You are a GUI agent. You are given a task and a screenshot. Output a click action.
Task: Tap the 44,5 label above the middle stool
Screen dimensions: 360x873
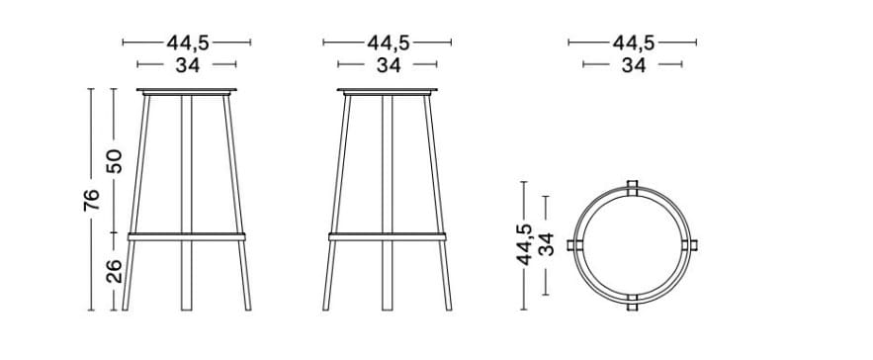click(x=388, y=43)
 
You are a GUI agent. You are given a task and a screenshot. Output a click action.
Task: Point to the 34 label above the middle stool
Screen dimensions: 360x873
click(x=388, y=65)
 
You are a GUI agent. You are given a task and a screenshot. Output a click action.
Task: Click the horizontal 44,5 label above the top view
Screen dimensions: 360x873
click(x=633, y=43)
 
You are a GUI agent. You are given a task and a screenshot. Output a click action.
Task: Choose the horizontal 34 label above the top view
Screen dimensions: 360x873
click(x=633, y=65)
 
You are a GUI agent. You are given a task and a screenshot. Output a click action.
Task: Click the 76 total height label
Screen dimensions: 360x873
click(x=90, y=200)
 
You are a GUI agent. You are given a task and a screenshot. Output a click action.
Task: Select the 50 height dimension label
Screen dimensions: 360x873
click(x=115, y=161)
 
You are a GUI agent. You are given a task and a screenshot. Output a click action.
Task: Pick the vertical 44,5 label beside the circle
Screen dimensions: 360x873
click(x=525, y=244)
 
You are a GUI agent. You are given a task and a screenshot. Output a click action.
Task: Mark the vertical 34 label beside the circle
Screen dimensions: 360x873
click(x=547, y=244)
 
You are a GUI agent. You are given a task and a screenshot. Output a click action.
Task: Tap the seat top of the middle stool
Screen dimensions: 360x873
click(x=388, y=92)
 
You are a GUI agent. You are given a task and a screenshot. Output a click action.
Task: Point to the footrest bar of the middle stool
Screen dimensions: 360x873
click(x=388, y=235)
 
